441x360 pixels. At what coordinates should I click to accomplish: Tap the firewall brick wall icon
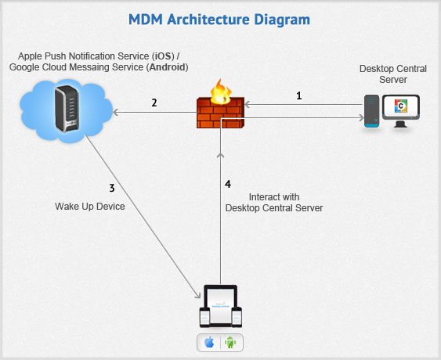coord(222,117)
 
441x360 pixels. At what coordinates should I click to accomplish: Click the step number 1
coord(298,96)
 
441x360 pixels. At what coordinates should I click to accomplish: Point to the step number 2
coord(154,102)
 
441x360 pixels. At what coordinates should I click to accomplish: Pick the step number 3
coord(112,188)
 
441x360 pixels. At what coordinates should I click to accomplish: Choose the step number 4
coord(228,184)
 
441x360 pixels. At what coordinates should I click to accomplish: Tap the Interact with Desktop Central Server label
coord(274,202)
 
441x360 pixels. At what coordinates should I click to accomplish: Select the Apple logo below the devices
coord(209,343)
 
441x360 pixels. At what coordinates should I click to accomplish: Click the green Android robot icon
coord(230,343)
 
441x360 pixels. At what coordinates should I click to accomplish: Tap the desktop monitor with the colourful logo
coord(401,110)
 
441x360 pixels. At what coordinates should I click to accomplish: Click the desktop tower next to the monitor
coord(371,112)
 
